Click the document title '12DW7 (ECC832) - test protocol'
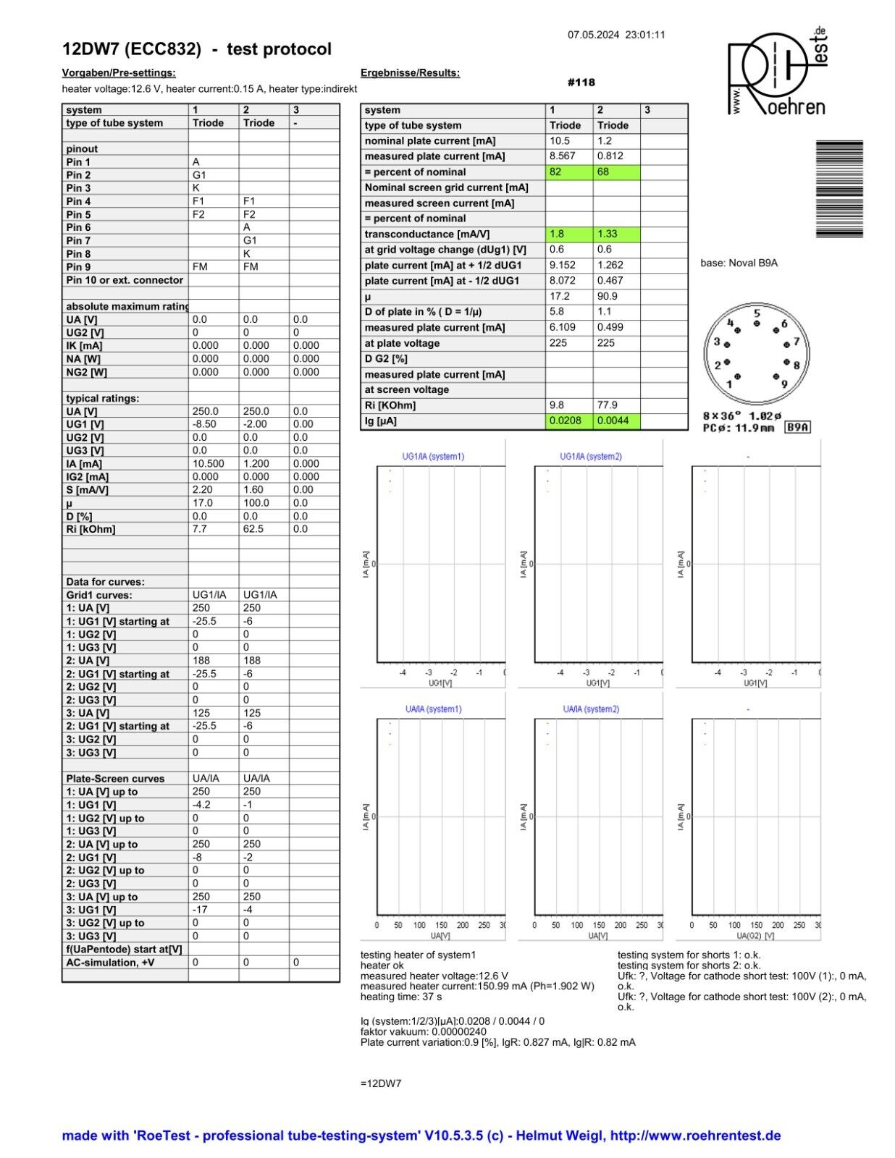pos(197,49)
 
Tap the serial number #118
pos(581,83)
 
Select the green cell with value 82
pos(568,172)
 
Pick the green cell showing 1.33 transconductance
pos(616,234)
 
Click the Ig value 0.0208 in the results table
pos(568,420)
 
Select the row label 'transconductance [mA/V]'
pos(427,234)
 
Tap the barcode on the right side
pos(839,189)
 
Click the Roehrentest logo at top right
pos(777,72)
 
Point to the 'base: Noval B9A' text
pos(739,263)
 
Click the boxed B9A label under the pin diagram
pos(797,428)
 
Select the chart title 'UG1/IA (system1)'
pos(433,457)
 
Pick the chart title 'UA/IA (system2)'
pos(591,709)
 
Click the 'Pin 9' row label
pos(78,267)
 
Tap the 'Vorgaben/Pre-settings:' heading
pos(119,73)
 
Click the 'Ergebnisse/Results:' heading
pos(410,73)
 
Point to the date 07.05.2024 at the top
pos(593,35)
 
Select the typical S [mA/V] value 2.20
pos(203,490)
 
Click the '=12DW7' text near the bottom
pos(381,1083)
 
